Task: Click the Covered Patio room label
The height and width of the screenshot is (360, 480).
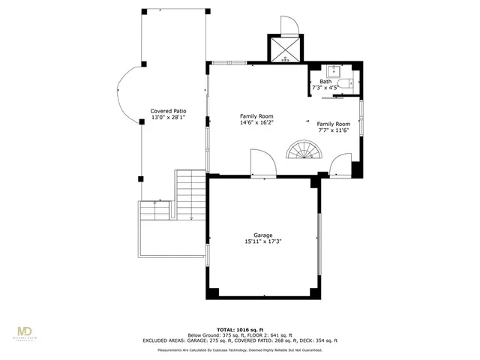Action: [167, 110]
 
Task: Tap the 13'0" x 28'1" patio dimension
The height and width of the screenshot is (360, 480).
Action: [167, 117]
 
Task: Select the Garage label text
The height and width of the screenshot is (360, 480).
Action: [262, 235]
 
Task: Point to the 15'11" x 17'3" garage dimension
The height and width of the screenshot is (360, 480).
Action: [262, 241]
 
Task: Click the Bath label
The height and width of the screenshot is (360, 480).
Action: [325, 82]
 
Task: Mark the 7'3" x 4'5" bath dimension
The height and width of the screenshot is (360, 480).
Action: [325, 88]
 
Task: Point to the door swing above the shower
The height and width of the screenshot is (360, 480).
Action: [289, 26]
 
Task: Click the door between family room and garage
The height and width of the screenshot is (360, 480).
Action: [259, 163]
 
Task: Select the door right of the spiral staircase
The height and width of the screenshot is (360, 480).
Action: [340, 163]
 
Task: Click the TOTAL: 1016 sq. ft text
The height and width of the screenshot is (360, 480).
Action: [239, 329]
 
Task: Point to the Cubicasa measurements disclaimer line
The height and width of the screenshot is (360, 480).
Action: [239, 349]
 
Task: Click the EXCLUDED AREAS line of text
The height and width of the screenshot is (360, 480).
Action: [239, 340]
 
